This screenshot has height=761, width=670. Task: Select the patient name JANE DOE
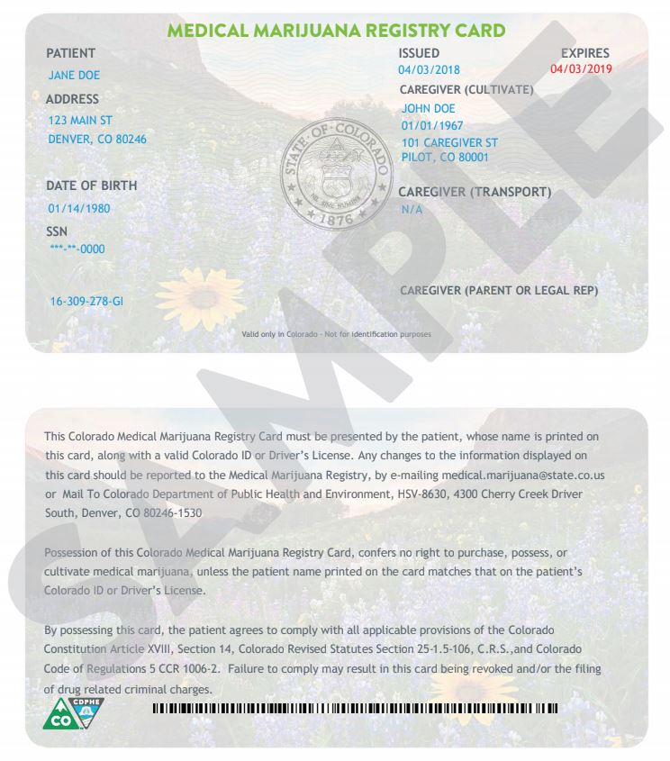(74, 76)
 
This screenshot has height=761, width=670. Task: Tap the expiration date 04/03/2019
(580, 69)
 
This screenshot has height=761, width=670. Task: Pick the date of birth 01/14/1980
(79, 208)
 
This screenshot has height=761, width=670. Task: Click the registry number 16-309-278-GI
(86, 301)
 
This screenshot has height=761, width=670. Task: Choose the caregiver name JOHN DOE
(428, 109)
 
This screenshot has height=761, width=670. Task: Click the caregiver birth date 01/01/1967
(431, 126)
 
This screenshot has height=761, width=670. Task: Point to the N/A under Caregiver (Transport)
(412, 210)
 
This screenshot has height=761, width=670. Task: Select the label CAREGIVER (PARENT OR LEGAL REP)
(498, 291)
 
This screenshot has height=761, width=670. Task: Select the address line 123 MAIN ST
(80, 120)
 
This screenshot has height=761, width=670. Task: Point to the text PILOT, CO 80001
(445, 158)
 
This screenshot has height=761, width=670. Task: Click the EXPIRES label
(584, 54)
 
